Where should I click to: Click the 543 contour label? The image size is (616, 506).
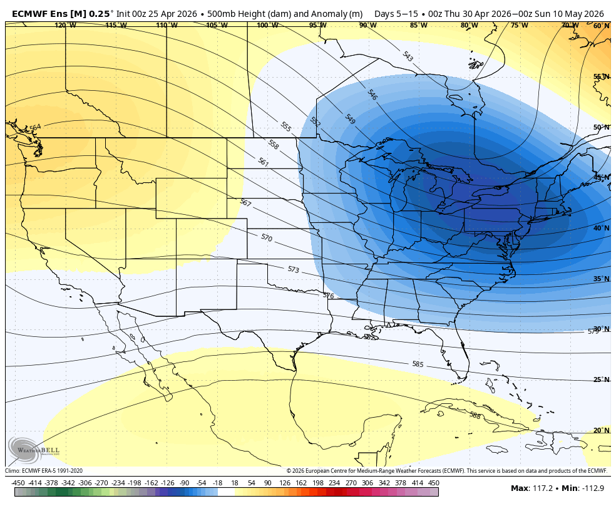[x=408, y=56]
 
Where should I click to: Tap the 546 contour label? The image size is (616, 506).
[x=372, y=95]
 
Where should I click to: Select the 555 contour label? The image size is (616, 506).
[x=286, y=127]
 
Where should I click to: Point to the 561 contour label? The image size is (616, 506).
[x=263, y=162]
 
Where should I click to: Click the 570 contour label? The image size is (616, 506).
[x=267, y=238]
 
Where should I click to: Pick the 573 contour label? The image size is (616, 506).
[x=293, y=269]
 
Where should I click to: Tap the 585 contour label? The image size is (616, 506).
[x=418, y=364]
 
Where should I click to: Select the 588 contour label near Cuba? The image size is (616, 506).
[x=475, y=415]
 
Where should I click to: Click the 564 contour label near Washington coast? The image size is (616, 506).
[x=35, y=127]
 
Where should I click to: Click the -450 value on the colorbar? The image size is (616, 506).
[x=18, y=483]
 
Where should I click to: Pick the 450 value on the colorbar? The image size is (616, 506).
[x=433, y=483]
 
